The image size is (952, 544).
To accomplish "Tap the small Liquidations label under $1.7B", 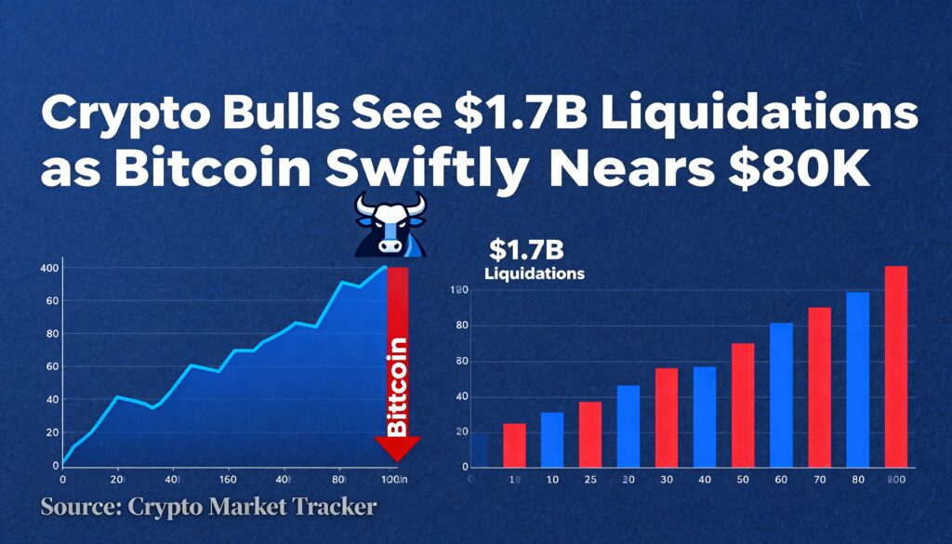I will pos(535,274).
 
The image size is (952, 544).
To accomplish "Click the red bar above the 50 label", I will pos(742,405).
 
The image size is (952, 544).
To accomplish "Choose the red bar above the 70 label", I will pos(819,386).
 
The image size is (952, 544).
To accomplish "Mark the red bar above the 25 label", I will pos(590,433).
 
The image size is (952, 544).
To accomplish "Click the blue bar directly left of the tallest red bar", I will pos(857,378).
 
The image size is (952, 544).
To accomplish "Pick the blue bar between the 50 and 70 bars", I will pos(781,394).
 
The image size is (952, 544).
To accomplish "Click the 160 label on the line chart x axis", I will pos(227,480).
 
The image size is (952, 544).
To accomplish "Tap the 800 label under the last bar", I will pos(895,480).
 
